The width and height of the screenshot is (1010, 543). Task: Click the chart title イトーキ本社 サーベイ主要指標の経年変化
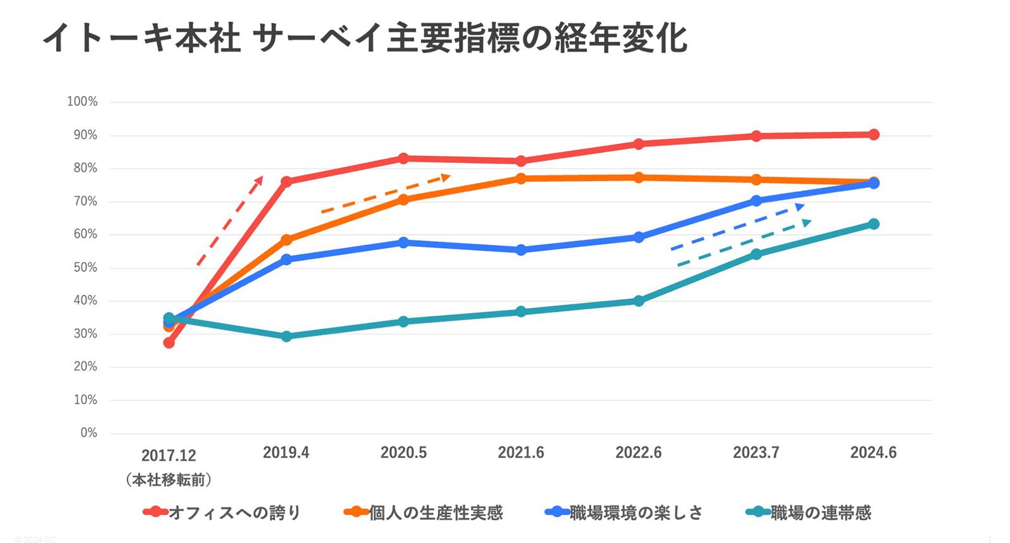tap(365, 38)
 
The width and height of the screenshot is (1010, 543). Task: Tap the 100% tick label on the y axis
tap(83, 102)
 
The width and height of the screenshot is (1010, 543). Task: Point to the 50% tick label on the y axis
tap(85, 268)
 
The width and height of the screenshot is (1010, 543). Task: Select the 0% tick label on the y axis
tap(88, 433)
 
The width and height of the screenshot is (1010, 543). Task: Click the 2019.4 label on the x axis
tap(286, 453)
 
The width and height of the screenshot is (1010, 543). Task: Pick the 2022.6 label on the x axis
tap(638, 453)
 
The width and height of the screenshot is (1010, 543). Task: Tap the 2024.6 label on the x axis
tap(873, 453)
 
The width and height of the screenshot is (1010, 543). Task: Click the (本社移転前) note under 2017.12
tap(169, 480)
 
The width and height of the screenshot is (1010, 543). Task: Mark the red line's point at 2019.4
tap(286, 182)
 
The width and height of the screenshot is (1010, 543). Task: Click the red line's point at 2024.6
tap(874, 134)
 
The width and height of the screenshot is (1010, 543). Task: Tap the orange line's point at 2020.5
tap(403, 200)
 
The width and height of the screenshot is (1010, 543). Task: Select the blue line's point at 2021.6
tap(521, 250)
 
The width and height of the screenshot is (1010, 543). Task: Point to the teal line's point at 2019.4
tap(286, 337)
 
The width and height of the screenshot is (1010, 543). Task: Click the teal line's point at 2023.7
tap(756, 254)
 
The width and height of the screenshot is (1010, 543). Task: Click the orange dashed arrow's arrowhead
tap(446, 177)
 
